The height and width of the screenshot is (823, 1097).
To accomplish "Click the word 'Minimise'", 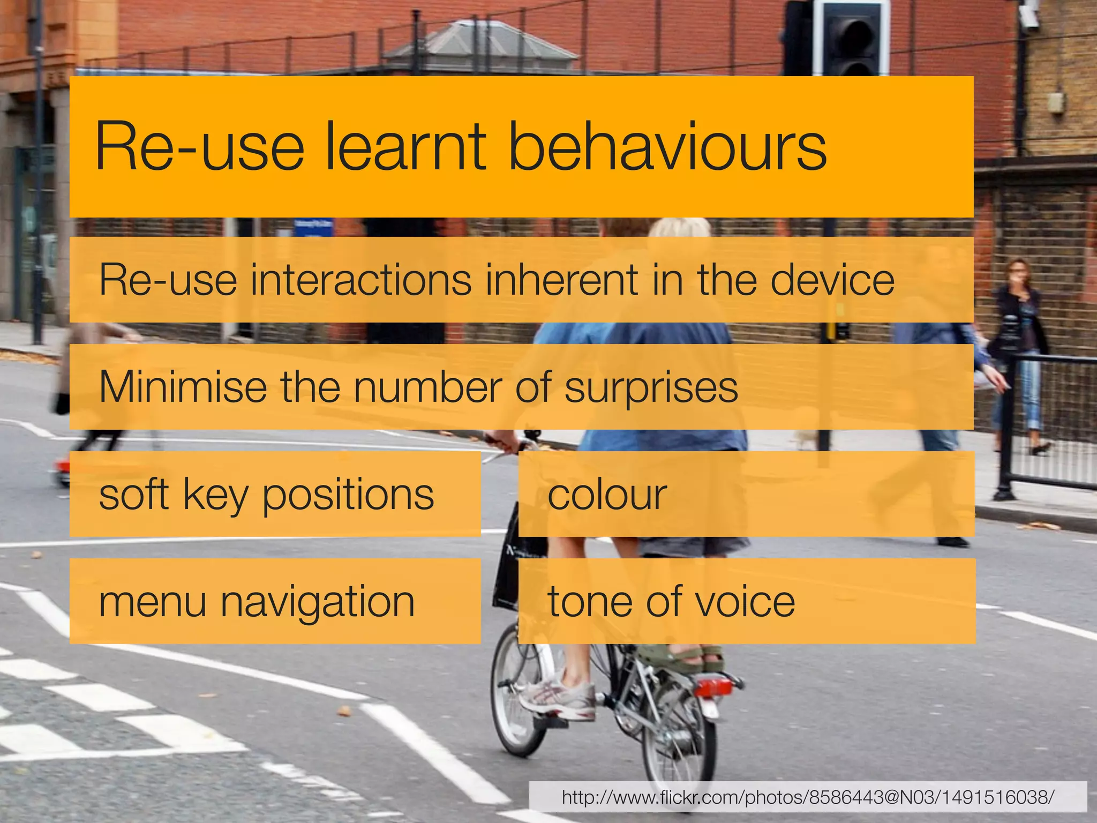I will [183, 387].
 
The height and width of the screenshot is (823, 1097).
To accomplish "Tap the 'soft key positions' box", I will [275, 494].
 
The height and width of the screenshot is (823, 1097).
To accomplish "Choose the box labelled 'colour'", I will [746, 494].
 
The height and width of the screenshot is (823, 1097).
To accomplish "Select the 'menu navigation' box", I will [275, 601].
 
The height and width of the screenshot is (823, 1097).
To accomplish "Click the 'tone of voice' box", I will [746, 601].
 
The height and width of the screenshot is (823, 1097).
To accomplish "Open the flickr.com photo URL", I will [808, 797].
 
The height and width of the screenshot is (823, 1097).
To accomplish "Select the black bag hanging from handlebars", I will [506, 568].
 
